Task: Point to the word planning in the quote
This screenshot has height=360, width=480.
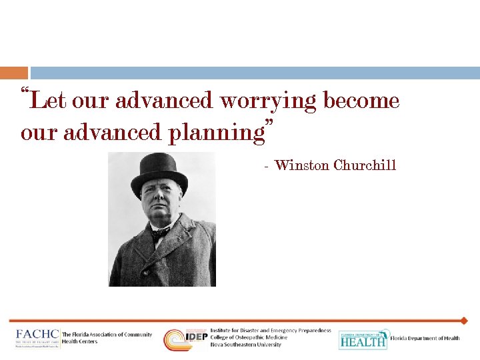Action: click(216, 133)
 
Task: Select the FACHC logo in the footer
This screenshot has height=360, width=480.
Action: click(37, 338)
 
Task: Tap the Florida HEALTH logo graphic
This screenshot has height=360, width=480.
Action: click(363, 339)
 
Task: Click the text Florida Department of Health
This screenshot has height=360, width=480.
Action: click(425, 338)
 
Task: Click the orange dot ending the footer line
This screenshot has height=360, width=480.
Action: click(465, 321)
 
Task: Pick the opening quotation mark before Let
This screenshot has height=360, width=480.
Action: click(25, 91)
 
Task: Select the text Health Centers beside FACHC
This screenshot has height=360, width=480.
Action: click(79, 341)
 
